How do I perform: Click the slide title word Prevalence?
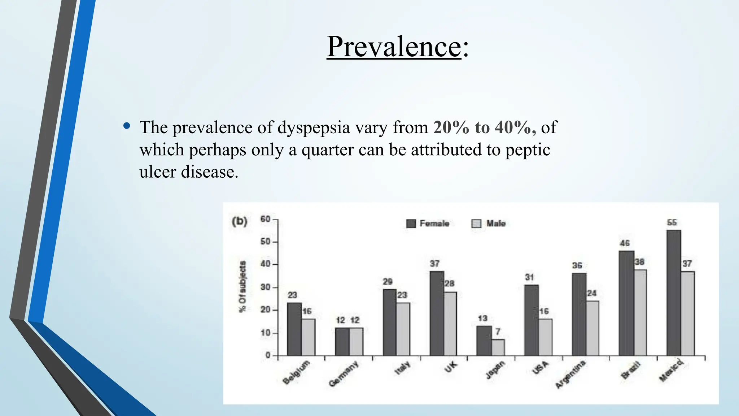coord(394,47)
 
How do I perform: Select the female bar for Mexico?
coord(674,292)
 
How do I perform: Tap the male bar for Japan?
coord(498,347)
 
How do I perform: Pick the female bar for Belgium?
coord(294,329)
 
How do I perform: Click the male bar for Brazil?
coord(640,312)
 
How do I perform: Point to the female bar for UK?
coord(437,313)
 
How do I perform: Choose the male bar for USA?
coord(545,337)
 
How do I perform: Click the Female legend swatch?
coord(411,224)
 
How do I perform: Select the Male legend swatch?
coord(476,224)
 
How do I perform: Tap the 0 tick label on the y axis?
coord(268,355)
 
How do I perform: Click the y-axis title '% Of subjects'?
coord(243,286)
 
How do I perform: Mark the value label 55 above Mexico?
coord(672,222)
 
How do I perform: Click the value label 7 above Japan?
coord(498,331)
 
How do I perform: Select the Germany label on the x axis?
coord(344,374)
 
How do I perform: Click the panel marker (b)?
coord(240,221)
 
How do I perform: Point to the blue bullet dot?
coord(126,126)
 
